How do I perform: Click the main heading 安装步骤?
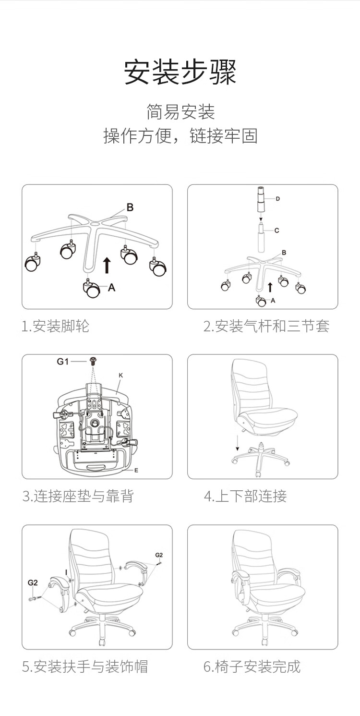pos(180,73)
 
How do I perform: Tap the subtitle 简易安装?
pos(180,112)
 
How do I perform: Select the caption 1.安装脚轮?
pos(56,327)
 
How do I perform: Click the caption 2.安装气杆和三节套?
pos(266,327)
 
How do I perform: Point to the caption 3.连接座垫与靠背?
pos(78,496)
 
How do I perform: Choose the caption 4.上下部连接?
pos(245,496)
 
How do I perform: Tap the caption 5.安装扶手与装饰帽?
pos(85,666)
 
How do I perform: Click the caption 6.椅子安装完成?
pos(252,666)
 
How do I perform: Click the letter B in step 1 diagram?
pos(130,207)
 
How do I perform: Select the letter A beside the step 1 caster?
pos(112,288)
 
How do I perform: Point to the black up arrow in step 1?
pos(107,265)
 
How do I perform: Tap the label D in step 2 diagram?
pos(278,199)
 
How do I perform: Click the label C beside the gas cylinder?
pos(277,231)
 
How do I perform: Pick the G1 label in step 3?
pos(63,362)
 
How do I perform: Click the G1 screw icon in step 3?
pos(93,360)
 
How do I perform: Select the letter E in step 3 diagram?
pos(136,470)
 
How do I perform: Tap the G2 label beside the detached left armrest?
pos(32,583)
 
